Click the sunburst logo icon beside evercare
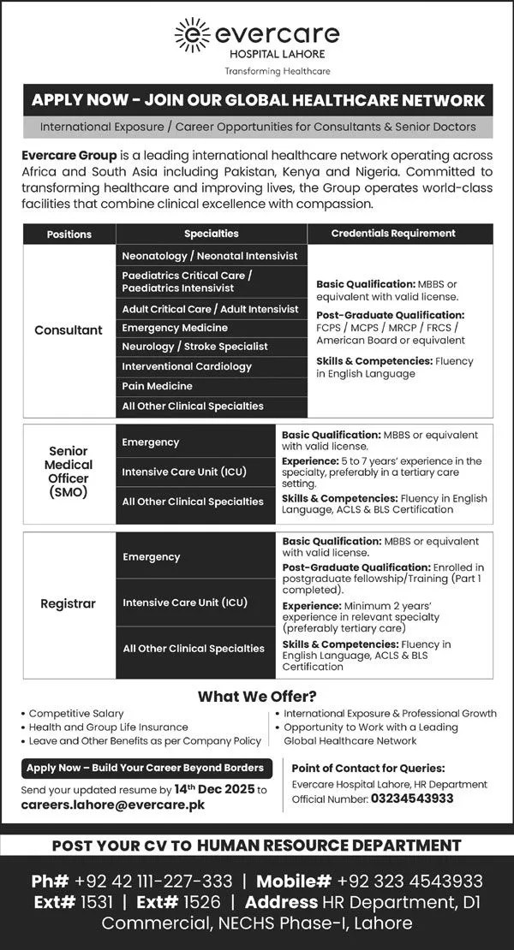click(192, 34)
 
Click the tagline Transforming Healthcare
click(277, 71)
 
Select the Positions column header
click(69, 234)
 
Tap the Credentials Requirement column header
click(393, 234)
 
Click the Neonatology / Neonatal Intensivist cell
click(210, 255)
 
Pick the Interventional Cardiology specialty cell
click(187, 366)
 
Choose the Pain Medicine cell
click(157, 386)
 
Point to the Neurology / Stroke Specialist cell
click(194, 347)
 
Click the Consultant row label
click(69, 330)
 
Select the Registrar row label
click(69, 603)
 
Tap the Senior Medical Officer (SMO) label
click(69, 472)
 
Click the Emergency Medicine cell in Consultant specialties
click(175, 328)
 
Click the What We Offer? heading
click(257, 696)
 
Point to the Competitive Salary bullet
click(76, 713)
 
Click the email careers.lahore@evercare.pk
click(112, 805)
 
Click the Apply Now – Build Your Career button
click(145, 768)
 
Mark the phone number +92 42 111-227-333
click(153, 881)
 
